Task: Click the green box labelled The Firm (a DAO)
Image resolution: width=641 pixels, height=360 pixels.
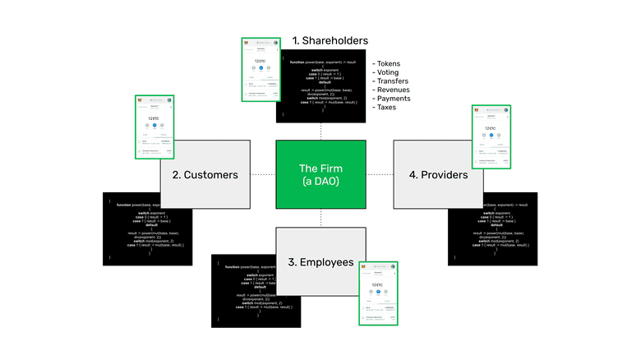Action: coord(320,174)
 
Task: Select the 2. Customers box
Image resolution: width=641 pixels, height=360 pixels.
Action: coord(205,174)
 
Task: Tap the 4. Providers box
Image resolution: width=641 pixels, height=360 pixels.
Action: coord(436,174)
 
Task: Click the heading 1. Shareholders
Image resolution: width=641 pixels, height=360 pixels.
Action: coord(330,40)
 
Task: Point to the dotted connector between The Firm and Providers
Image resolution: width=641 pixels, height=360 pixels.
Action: coord(379,174)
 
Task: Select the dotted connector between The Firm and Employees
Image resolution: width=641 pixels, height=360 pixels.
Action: coord(320,218)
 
